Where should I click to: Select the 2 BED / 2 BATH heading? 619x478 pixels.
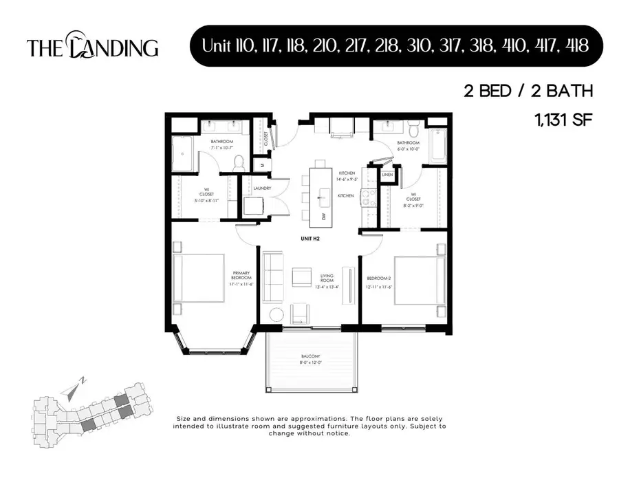[x=528, y=91]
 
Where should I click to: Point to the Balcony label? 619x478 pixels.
[x=310, y=358]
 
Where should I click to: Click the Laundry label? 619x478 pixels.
[x=261, y=188]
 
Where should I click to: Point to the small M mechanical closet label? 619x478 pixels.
[x=261, y=165]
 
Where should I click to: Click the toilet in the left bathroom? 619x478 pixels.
[x=239, y=162]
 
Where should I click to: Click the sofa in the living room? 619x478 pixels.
[x=274, y=278]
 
